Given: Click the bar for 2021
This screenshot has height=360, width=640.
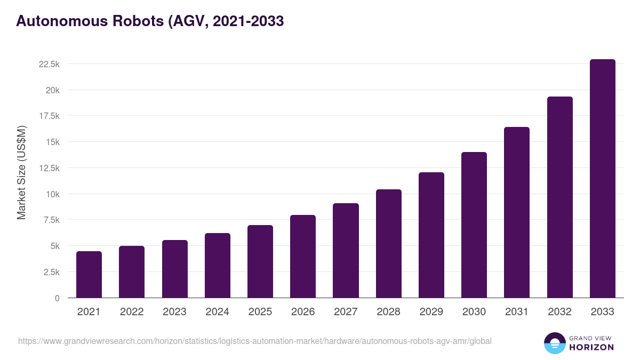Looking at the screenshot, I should pos(89,275).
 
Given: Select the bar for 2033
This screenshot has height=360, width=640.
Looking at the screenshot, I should pos(602,179).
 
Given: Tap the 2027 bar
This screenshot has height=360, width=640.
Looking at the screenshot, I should pos(346,251).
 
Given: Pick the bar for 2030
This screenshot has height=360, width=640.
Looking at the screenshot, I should pos(474,225).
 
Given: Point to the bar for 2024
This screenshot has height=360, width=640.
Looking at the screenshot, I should pos(218,266).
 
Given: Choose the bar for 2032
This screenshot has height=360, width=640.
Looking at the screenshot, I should pos(559,197).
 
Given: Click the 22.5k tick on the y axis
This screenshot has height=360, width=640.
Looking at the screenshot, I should pos(49,64).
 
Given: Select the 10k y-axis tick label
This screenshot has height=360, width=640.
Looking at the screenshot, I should pos(52,194).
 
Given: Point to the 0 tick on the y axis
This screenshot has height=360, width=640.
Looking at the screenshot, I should pos(57,298).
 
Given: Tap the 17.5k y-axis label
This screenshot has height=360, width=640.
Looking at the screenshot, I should pos(49,116).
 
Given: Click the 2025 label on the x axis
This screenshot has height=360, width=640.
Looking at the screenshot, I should pos(260,312).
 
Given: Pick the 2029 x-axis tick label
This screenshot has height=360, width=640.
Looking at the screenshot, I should pos(431,312).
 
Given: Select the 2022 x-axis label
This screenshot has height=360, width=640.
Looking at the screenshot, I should pos(132,312).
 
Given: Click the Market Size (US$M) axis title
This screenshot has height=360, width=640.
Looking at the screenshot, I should pos(21,172).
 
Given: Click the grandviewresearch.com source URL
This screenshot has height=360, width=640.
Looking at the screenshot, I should pos(255,341).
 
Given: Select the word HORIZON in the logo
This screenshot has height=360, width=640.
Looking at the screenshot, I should pos(591,347).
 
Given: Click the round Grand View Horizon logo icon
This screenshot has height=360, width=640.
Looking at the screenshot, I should pos(554,343).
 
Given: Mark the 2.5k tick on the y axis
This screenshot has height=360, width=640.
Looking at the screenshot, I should pos(51,272).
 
